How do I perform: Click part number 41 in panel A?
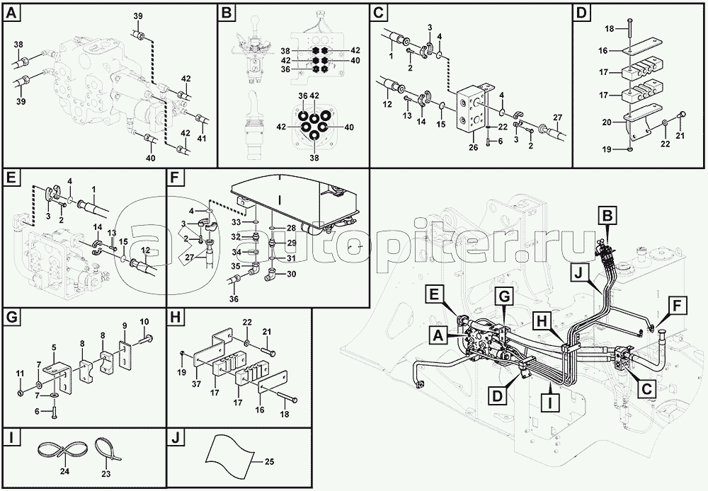[x=201, y=139]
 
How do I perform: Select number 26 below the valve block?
[x=473, y=147]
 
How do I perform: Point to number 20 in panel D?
[x=607, y=122]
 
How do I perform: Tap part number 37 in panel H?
[x=196, y=383]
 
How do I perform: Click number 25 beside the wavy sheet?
[x=269, y=462]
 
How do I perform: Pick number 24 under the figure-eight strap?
[x=64, y=472]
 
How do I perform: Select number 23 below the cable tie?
[x=105, y=474]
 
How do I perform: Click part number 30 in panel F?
[x=291, y=274]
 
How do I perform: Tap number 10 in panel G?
[x=144, y=322]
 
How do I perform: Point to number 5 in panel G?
[x=54, y=347]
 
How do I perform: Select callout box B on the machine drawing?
[x=607, y=216]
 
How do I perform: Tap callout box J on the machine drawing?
[x=582, y=272]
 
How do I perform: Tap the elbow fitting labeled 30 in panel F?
[x=273, y=274]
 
